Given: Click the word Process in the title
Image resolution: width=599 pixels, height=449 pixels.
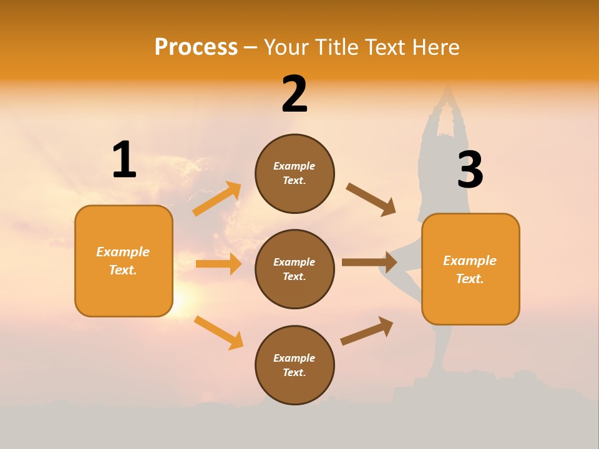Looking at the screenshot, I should point(196,47).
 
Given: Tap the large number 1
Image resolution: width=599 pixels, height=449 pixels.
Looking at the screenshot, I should point(124,160).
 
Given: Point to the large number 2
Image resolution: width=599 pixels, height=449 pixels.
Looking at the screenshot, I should point(295,94).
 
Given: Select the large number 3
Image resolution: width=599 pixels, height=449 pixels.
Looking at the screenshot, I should point(470,170).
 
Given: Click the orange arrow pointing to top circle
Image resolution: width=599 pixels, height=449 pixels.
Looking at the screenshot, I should point(217,199).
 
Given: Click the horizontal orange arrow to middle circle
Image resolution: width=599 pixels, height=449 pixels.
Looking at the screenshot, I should point(218,264).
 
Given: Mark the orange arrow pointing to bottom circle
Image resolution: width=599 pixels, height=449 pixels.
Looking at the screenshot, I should point(218,332).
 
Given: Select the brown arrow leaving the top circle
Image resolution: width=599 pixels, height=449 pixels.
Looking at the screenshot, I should point(371,199).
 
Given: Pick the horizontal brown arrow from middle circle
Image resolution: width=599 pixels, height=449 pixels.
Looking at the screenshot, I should point(369,262).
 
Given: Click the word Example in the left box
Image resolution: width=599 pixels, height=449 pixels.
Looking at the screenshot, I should point(123,252).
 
